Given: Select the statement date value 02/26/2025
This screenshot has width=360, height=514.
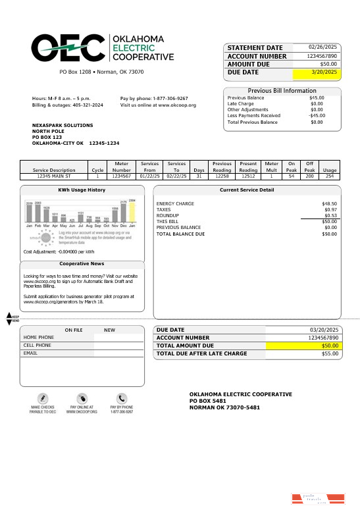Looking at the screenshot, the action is tap(322, 47).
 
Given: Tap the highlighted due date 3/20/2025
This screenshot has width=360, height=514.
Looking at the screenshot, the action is tap(323, 72).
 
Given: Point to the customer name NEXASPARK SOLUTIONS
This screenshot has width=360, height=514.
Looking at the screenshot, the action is tap(63, 125).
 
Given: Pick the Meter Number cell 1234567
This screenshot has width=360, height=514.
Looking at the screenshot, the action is tap(122, 176).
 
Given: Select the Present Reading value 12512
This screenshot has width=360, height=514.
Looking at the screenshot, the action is tap(248, 176).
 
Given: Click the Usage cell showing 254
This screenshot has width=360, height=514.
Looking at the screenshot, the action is tap(330, 176).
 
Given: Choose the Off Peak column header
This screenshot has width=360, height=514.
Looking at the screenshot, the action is tap(309, 166).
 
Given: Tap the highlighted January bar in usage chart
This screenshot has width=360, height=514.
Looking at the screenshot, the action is tap(132, 211).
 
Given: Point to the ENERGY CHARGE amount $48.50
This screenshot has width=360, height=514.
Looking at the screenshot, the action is tap(329, 204).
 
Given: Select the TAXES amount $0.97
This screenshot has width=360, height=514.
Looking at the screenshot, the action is tap(330, 209).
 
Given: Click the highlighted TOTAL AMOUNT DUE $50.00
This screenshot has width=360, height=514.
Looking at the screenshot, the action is tap(329, 346).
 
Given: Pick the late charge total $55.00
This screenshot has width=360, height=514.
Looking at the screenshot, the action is tap(329, 354).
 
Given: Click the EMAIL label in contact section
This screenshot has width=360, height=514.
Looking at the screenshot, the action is tap(31, 353).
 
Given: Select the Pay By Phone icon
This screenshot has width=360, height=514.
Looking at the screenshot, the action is tap(122, 398).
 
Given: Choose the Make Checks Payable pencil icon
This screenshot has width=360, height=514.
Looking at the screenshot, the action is tap(43, 398).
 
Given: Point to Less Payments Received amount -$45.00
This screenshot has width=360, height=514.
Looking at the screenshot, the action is tap(317, 116).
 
